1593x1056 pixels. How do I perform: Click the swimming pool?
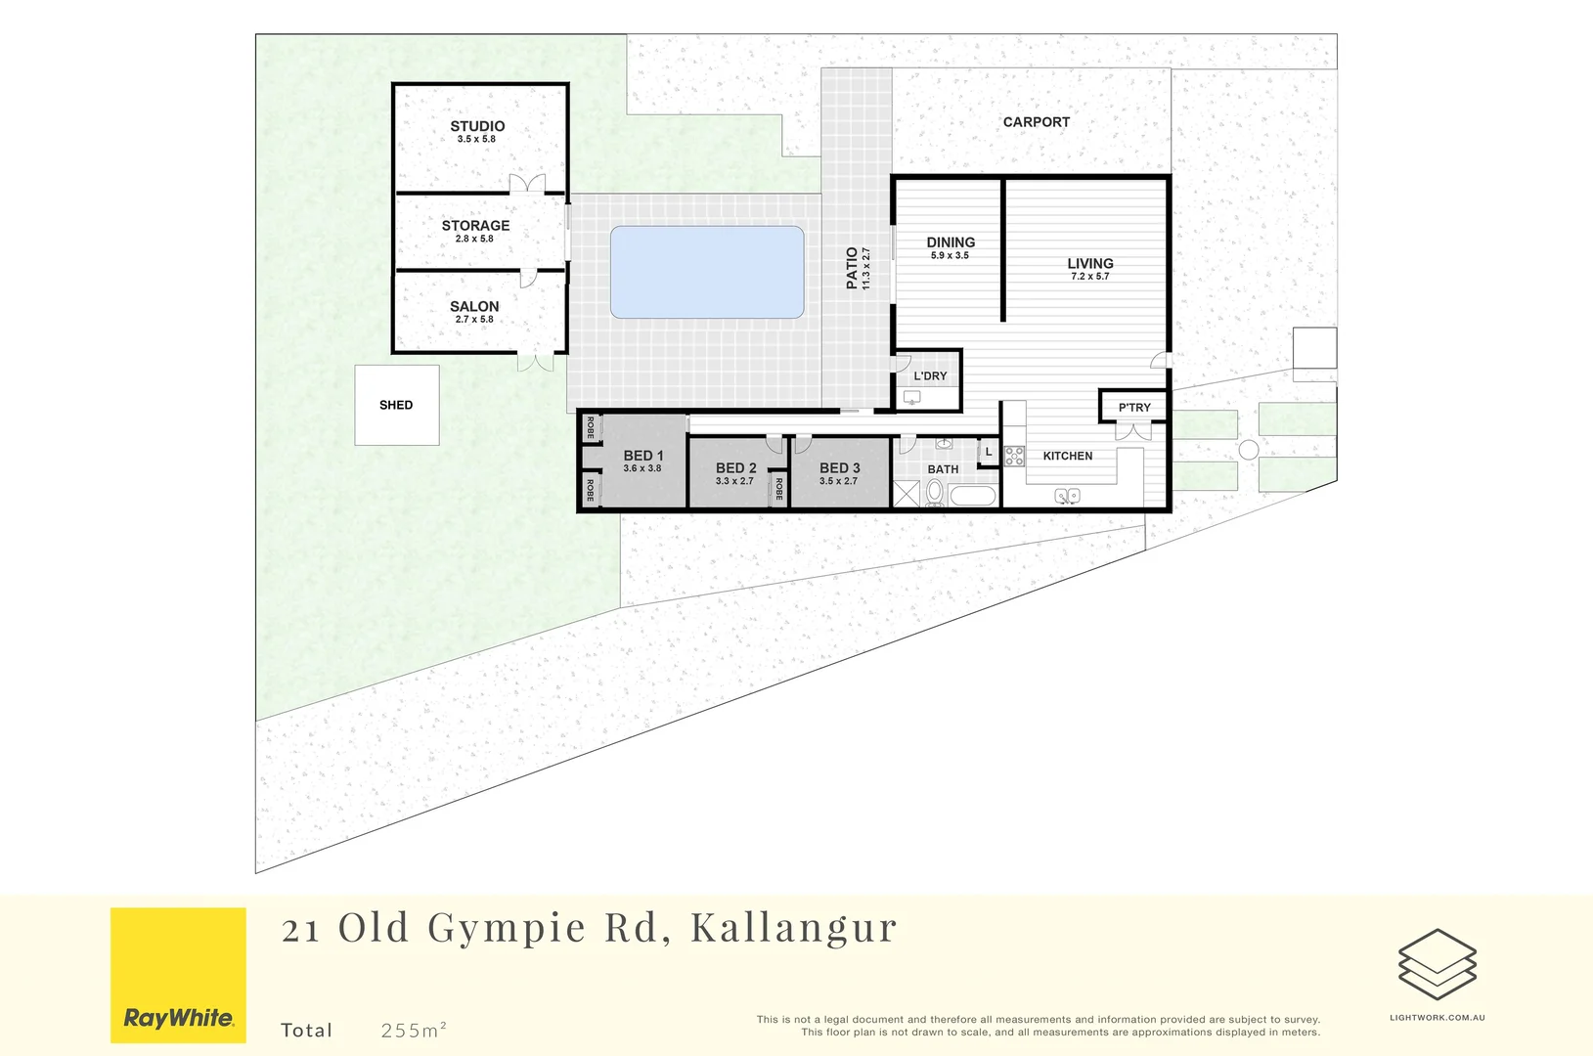pyautogui.click(x=707, y=272)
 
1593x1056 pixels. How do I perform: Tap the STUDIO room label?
pyautogui.click(x=477, y=126)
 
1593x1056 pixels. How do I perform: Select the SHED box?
pyautogui.click(x=396, y=405)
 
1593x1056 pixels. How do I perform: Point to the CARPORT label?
pyautogui.click(x=1036, y=122)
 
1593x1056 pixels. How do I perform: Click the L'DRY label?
pyautogui.click(x=930, y=375)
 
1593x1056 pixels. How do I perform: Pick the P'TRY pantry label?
pyautogui.click(x=1134, y=408)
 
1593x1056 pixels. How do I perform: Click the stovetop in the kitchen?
pyautogui.click(x=1014, y=456)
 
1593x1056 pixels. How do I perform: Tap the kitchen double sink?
pyautogui.click(x=1067, y=497)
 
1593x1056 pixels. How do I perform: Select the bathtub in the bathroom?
pyautogui.click(x=972, y=496)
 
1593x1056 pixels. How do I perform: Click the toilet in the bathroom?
pyautogui.click(x=934, y=491)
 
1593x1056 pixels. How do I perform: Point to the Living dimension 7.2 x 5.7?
pyautogui.click(x=1089, y=277)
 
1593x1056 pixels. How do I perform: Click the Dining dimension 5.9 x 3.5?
pyautogui.click(x=950, y=256)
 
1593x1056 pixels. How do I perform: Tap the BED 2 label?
pyautogui.click(x=735, y=468)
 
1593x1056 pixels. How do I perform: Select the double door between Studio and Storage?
pyautogui.click(x=527, y=185)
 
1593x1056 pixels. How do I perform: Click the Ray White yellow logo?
pyautogui.click(x=178, y=975)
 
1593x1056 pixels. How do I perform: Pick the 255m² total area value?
pyautogui.click(x=414, y=1030)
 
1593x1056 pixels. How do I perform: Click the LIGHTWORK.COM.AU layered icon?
pyautogui.click(x=1437, y=964)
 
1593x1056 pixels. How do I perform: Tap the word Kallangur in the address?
pyautogui.click(x=793, y=928)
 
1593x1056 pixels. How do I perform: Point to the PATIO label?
pyautogui.click(x=852, y=268)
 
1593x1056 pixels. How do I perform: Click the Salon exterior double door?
pyautogui.click(x=535, y=362)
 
